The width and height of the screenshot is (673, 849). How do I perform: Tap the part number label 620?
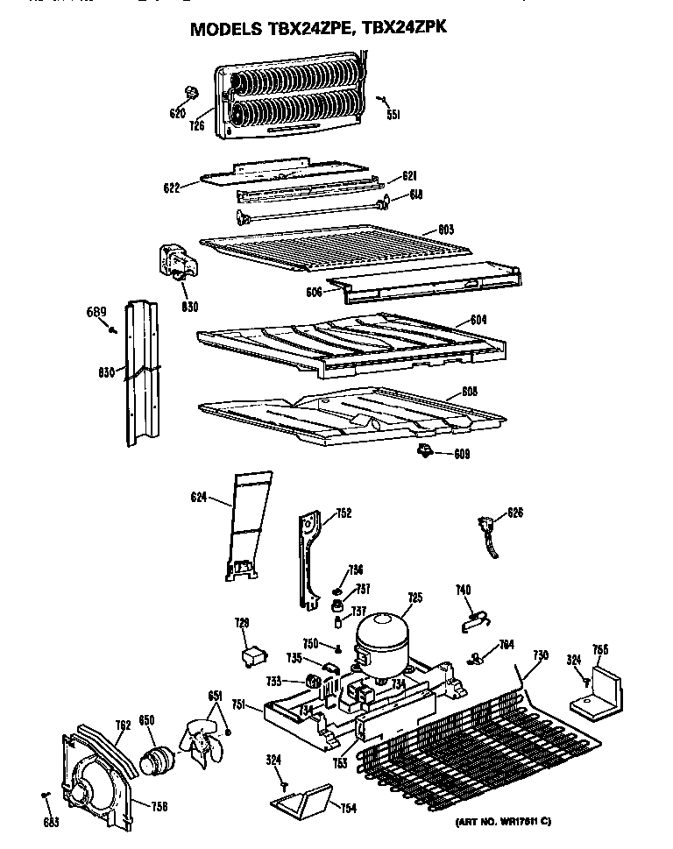[177, 113]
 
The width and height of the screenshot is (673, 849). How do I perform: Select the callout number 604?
[478, 320]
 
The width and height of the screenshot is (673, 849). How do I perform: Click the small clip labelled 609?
[426, 450]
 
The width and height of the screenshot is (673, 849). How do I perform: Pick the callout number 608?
[470, 393]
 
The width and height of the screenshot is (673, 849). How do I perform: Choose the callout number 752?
[343, 513]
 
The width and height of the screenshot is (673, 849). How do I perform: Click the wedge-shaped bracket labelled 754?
[302, 797]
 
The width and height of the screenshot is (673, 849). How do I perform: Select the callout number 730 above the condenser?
[541, 656]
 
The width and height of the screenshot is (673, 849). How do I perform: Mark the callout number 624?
[198, 498]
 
